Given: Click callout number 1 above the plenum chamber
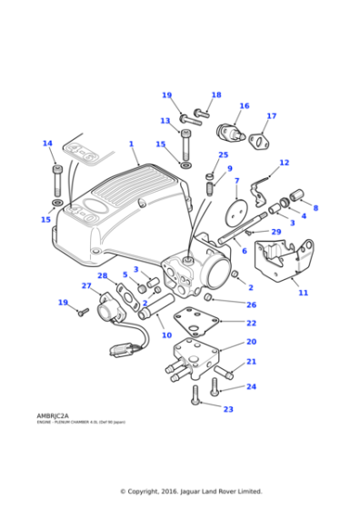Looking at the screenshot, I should [131, 144].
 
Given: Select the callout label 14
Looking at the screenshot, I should [47, 144].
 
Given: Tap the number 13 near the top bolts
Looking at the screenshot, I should [165, 121].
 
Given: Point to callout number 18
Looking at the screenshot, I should [216, 95].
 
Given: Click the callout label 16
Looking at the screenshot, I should [244, 106].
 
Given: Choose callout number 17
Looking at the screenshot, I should [271, 116].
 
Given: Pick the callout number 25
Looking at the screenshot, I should [223, 155].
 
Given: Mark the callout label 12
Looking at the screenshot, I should [284, 163].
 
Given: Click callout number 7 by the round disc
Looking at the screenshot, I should [237, 181].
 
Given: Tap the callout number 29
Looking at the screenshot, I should [276, 233].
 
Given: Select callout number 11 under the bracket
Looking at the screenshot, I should [303, 294].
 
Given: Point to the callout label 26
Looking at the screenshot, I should [252, 304].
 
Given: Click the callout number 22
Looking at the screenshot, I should [251, 323].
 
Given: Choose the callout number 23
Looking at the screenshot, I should [228, 409].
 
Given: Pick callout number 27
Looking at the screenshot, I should [86, 286].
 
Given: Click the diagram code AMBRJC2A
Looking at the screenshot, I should [55, 416].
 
